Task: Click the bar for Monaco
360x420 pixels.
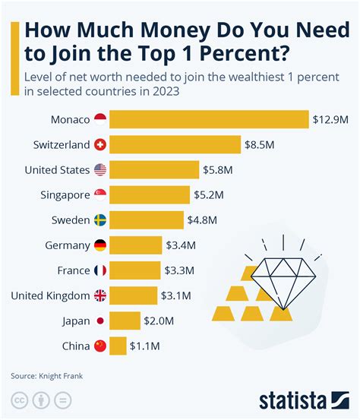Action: pyautogui.click(x=209, y=119)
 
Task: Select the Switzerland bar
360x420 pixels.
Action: pyautogui.click(x=175, y=144)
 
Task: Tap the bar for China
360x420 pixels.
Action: pyautogui.click(x=118, y=346)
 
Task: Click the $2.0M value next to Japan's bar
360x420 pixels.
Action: pyautogui.click(x=160, y=321)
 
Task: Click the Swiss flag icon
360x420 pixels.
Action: pyautogui.click(x=100, y=144)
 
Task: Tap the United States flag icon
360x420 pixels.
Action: pyautogui.click(x=100, y=169)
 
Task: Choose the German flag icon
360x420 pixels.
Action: pyautogui.click(x=100, y=245)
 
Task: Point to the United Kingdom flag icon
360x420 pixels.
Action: pyautogui.click(x=100, y=296)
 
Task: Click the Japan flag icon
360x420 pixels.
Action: pyautogui.click(x=100, y=321)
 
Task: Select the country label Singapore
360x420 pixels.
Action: pyautogui.click(x=65, y=195)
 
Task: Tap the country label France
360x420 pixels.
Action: pyautogui.click(x=74, y=271)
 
